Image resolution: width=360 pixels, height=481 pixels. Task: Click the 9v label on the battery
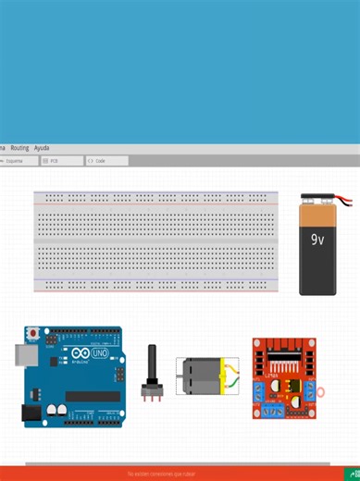pos(317,240)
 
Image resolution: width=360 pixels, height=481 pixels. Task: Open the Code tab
pos(98,161)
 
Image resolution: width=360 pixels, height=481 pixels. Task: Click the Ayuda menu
pos(42,148)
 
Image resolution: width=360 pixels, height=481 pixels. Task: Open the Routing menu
pos(19,148)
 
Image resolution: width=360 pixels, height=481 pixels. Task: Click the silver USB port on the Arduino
pos(24,356)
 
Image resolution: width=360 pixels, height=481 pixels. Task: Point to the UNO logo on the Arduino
pos(99,353)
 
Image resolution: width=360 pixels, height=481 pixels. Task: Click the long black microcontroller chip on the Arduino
pos(92,396)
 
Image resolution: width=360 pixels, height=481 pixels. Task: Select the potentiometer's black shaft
pos(152,363)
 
